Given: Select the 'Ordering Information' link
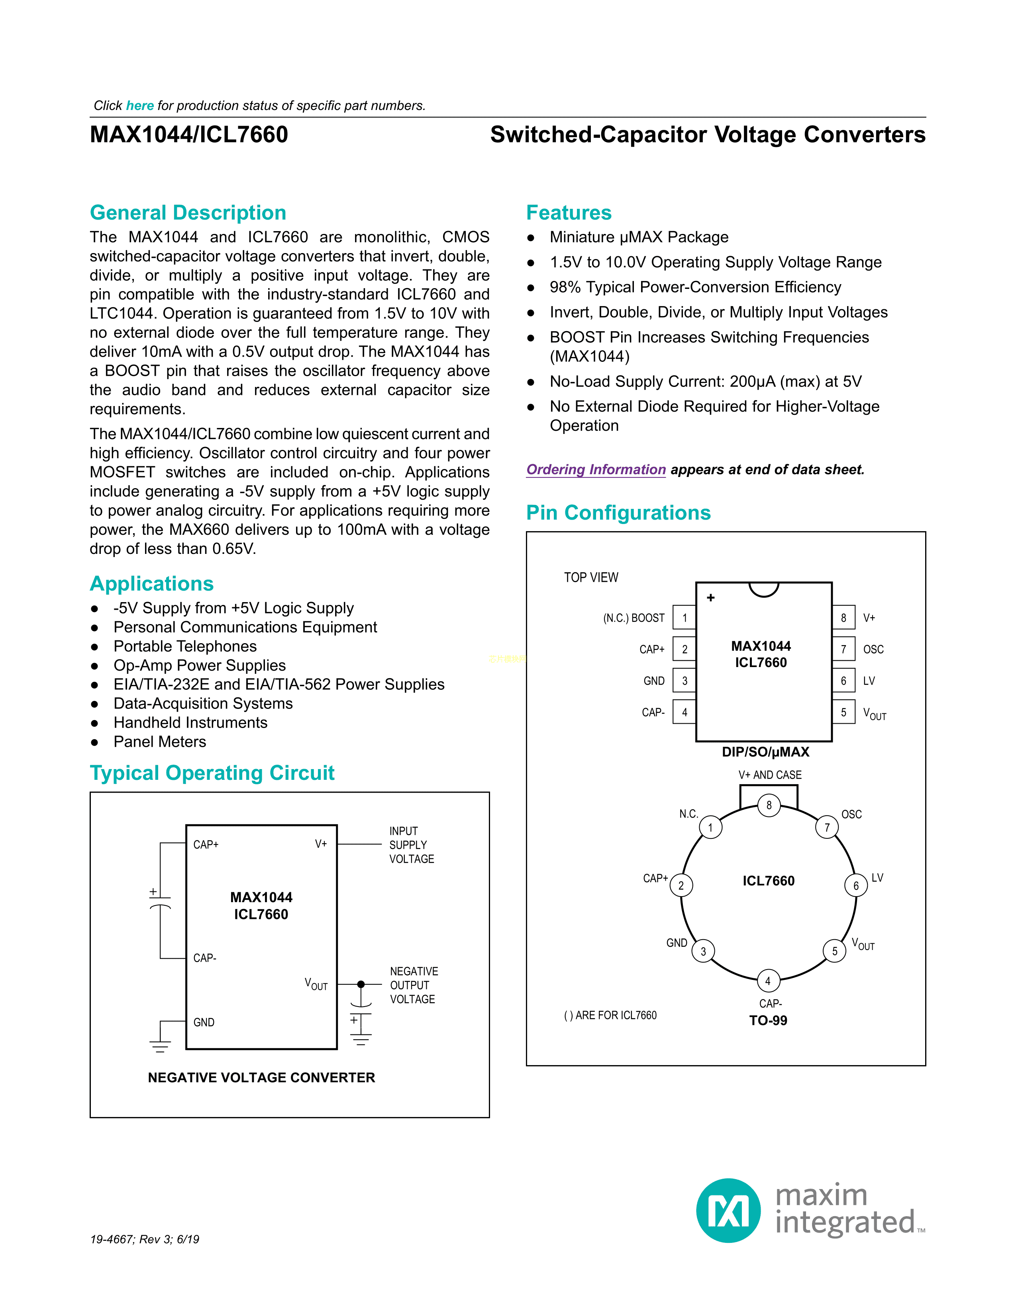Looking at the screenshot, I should [596, 470].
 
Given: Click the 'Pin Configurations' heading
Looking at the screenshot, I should [618, 512].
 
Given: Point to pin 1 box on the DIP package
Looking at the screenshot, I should [685, 618].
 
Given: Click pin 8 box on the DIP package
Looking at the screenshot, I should [843, 618].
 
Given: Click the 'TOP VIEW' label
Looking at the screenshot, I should [590, 577].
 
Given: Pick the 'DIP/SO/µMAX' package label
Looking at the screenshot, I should [765, 752].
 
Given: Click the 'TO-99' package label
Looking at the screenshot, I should [768, 1021].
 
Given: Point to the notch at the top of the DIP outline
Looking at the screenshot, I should [764, 589].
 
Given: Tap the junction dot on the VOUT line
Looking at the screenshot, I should [361, 984].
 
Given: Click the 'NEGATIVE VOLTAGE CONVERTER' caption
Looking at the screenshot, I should [261, 1078].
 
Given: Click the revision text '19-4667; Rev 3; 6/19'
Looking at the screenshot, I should [145, 1239].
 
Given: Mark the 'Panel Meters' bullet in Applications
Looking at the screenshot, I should [159, 742].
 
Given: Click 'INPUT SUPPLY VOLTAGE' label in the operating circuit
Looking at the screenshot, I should [412, 845].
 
